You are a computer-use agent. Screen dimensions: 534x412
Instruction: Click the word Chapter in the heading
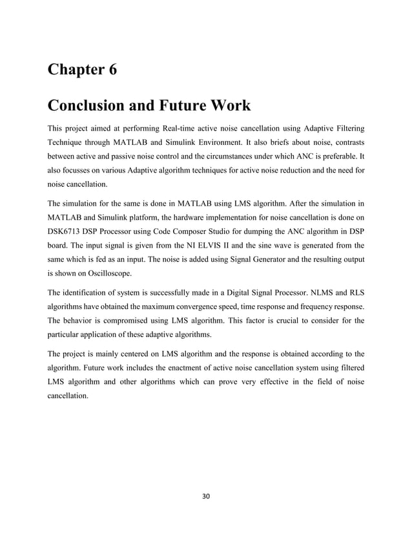[74, 70]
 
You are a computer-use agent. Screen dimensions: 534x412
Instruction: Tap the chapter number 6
[112, 70]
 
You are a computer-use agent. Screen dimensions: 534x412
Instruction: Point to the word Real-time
[185, 128]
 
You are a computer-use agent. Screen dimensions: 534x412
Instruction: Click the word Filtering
[346, 128]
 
